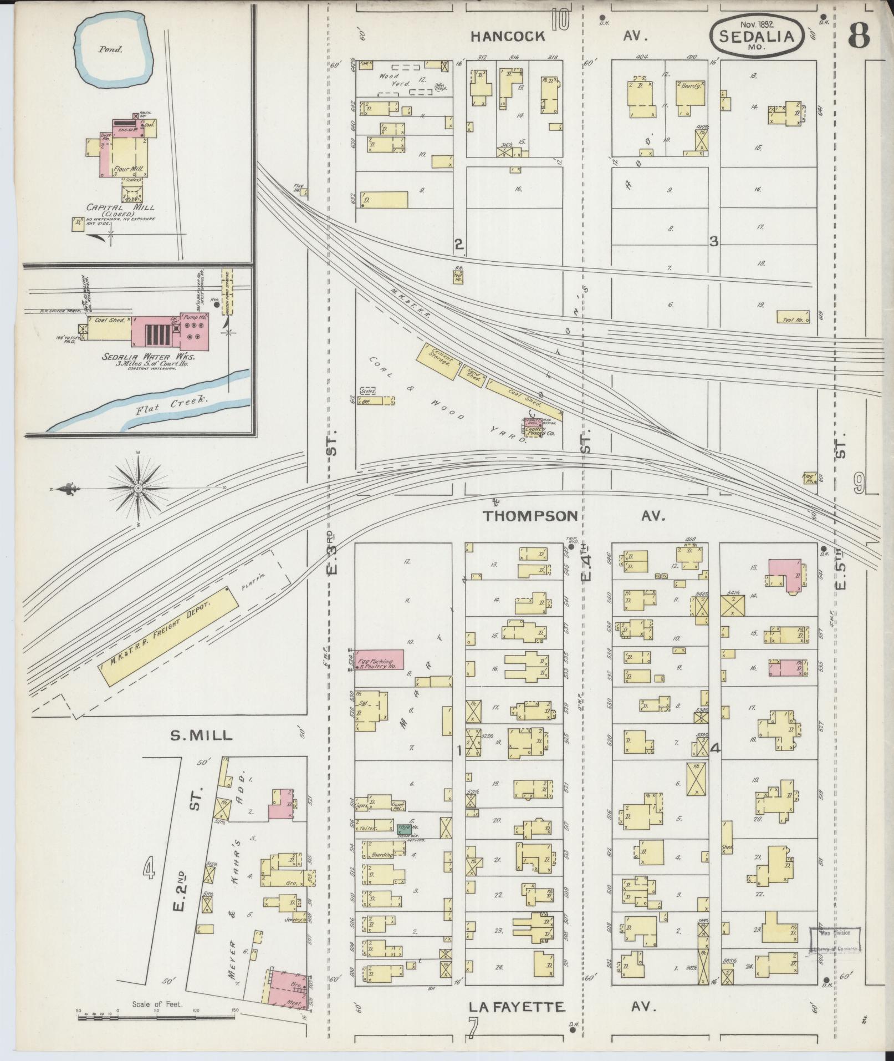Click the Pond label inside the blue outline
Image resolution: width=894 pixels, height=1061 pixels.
click(110, 49)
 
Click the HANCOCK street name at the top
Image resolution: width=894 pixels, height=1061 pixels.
click(508, 37)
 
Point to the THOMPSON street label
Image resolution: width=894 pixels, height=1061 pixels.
click(530, 516)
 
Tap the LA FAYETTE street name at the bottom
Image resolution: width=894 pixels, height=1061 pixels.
click(517, 1006)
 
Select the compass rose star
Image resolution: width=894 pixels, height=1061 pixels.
click(137, 488)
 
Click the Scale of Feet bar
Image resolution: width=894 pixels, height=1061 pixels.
click(158, 1017)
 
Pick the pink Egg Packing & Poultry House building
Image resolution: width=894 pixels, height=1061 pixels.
click(379, 659)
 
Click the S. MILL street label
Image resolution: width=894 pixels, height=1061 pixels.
click(201, 735)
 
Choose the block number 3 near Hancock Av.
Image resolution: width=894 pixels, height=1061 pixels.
click(714, 241)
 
